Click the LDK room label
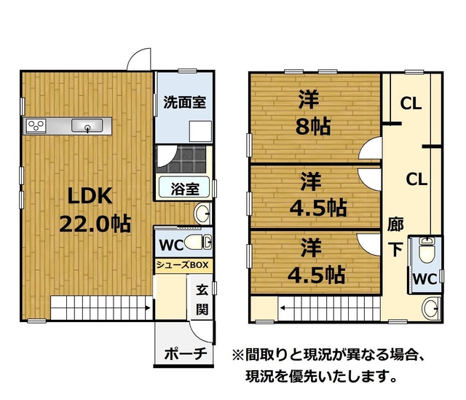[90, 196]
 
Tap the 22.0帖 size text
[95, 224]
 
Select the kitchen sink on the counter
[87, 126]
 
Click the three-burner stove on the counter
[36, 125]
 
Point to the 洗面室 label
[184, 102]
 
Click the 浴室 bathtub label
[185, 189]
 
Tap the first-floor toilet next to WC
[198, 242]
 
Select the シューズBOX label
[183, 264]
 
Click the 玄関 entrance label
[202, 299]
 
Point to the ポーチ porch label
[186, 354]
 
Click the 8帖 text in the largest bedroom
[313, 126]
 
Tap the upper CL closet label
[411, 103]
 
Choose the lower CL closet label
[416, 179]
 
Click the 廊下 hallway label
[395, 237]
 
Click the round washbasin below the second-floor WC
[431, 308]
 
